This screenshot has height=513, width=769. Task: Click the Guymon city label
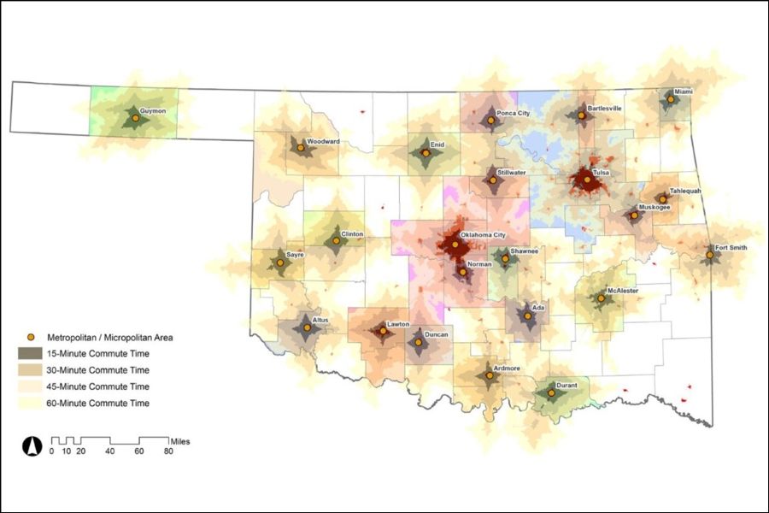[153, 111]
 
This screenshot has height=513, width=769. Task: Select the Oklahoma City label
[484, 235]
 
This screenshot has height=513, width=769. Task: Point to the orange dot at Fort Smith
[709, 254]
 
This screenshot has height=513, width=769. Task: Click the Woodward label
[324, 140]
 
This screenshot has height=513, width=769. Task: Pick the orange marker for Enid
[426, 154]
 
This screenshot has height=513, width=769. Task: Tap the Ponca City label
[514, 113]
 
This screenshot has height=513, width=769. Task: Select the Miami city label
[684, 91]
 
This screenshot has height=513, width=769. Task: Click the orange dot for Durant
[551, 392]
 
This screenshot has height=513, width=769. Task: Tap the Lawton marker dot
[381, 331]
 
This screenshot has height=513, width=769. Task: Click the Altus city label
[320, 320]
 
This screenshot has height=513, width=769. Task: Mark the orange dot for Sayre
[279, 262]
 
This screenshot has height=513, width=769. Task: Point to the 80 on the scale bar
[168, 451]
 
